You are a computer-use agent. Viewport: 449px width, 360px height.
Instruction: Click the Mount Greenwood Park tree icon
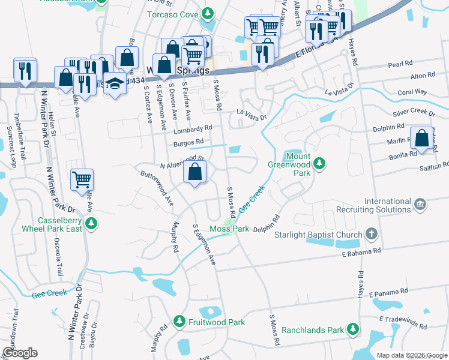320,163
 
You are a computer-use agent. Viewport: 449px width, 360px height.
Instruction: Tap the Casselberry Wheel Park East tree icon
91,224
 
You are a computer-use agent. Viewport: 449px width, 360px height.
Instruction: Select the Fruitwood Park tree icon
179,322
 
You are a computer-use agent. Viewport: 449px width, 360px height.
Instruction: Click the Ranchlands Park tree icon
354,329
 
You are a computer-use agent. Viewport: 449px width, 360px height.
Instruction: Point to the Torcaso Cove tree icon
208,13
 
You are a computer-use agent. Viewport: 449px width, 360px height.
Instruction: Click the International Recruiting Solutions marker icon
419,205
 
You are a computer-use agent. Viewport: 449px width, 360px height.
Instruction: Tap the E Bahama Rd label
361,253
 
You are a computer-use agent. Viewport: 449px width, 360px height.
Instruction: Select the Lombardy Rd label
193,128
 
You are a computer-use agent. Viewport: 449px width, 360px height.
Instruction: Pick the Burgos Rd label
185,142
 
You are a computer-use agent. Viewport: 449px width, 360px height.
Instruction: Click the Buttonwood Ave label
157,190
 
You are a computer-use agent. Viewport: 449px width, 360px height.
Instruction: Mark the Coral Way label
412,92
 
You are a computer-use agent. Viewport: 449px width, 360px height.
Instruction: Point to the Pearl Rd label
400,63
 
